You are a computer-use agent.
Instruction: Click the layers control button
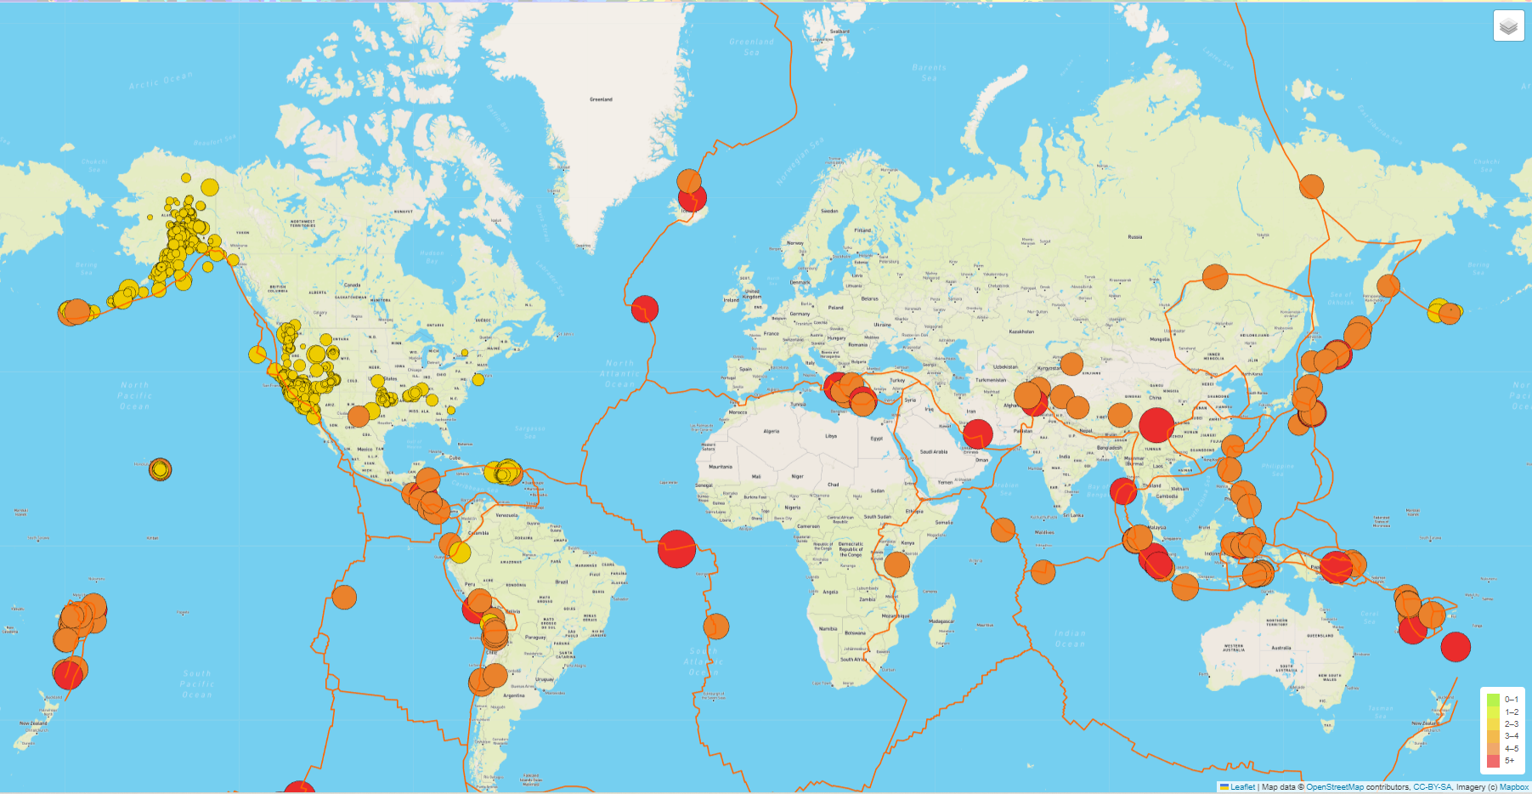point(1508,26)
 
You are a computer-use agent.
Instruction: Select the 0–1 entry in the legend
point(1503,700)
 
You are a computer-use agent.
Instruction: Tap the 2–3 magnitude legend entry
point(1503,724)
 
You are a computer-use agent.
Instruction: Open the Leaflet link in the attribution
point(1242,787)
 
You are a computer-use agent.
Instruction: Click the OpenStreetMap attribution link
point(1334,787)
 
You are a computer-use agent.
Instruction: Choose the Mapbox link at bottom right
point(1513,787)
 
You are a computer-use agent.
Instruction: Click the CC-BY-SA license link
point(1432,787)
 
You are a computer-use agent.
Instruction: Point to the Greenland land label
point(601,99)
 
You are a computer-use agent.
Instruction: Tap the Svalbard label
point(839,31)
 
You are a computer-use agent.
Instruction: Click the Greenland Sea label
point(752,47)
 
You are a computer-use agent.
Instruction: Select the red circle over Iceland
point(693,199)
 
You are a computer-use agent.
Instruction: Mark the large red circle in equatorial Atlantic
point(676,548)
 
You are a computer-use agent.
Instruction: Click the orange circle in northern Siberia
point(1311,186)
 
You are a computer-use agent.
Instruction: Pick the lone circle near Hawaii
point(160,468)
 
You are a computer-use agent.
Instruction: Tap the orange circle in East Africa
point(896,564)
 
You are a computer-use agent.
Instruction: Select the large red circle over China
point(1156,425)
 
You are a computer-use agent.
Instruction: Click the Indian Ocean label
point(1070,638)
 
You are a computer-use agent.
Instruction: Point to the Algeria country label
point(771,431)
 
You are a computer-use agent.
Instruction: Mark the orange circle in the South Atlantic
point(716,627)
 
